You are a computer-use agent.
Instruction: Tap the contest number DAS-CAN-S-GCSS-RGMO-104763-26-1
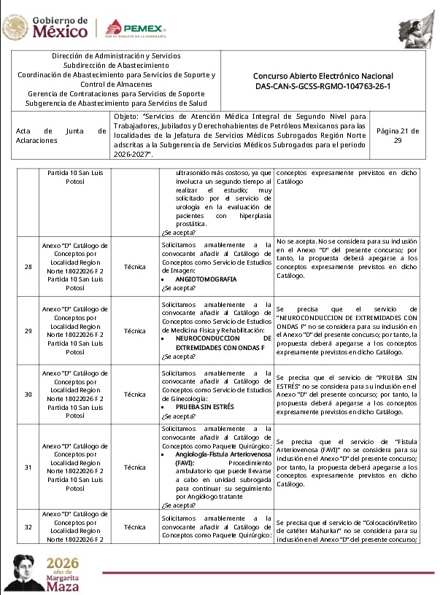point(323,86)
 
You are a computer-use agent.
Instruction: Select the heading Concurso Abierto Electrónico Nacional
point(323,76)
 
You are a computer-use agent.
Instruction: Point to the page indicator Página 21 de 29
point(397,136)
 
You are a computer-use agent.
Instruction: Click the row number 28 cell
point(28,267)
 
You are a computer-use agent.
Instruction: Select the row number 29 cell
point(28,331)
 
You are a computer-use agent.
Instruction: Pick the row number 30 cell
point(28,394)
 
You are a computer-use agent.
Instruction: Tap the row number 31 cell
point(28,467)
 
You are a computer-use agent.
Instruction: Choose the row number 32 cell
point(28,526)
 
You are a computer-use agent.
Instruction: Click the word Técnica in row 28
point(135,267)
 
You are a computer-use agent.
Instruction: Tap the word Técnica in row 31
point(135,467)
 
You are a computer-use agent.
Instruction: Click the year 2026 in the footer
point(63,565)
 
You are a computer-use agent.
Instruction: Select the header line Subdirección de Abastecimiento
point(116,65)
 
